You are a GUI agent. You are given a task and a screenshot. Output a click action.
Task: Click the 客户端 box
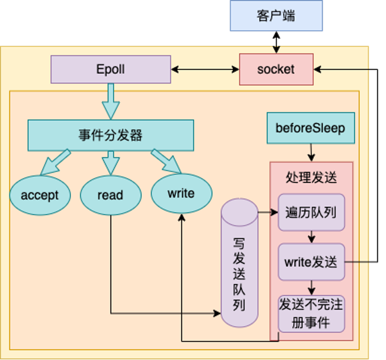click(276, 16)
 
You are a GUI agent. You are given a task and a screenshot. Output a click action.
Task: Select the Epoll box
click(110, 69)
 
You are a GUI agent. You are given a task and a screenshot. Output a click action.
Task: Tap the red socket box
click(276, 69)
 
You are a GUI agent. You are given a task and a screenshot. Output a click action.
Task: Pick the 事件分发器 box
click(110, 135)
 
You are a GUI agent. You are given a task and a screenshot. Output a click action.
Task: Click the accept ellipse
click(40, 195)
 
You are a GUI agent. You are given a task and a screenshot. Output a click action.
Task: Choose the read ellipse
click(110, 195)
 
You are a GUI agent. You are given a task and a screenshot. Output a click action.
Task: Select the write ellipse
click(181, 193)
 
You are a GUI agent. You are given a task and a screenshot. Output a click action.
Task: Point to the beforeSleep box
click(311, 129)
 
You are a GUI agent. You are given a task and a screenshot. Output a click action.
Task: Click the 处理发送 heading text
click(311, 177)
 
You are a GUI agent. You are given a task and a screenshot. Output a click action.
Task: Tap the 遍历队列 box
click(311, 212)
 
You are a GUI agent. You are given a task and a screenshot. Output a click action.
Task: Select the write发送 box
click(311, 262)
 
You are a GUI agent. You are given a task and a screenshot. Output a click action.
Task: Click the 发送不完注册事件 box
click(311, 314)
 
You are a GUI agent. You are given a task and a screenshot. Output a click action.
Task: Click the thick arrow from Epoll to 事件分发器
click(110, 101)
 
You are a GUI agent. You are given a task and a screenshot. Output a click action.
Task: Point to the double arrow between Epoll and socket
click(205, 69)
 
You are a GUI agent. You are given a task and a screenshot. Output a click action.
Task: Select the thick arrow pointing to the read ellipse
click(110, 162)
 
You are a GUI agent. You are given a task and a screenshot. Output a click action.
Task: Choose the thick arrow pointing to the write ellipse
click(166, 162)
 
